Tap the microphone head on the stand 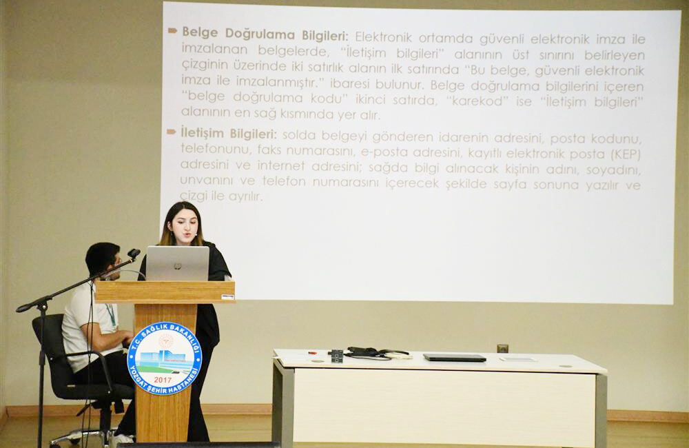[133, 254]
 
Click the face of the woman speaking [184, 225]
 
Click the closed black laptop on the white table [454, 357]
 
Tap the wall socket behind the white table [502, 348]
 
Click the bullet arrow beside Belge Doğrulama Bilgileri [172, 31]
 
